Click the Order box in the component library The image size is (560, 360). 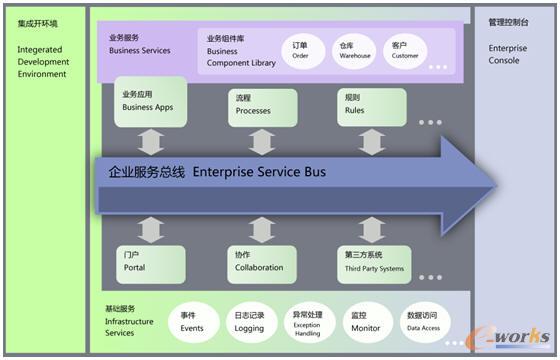tap(300, 50)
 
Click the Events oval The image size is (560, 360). tap(192, 322)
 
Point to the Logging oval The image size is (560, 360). tap(249, 322)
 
